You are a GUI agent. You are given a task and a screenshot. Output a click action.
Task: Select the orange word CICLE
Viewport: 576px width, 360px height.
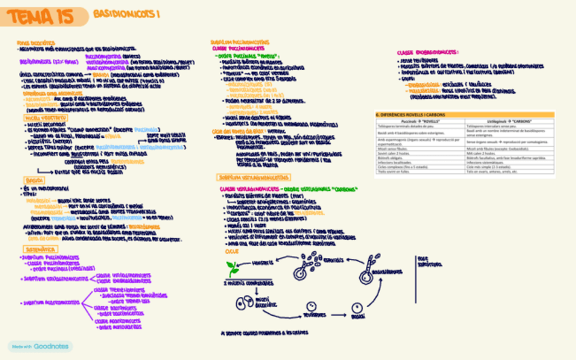pos(232,251)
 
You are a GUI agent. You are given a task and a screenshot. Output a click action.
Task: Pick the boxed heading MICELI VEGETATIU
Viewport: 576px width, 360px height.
pos(41,117)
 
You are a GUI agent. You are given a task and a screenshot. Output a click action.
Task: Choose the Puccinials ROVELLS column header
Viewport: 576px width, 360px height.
pos(420,120)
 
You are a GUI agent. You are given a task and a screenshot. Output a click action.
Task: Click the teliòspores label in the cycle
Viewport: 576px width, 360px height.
pos(314,316)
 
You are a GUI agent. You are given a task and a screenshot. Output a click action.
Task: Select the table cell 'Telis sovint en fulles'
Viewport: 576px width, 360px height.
pos(420,172)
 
